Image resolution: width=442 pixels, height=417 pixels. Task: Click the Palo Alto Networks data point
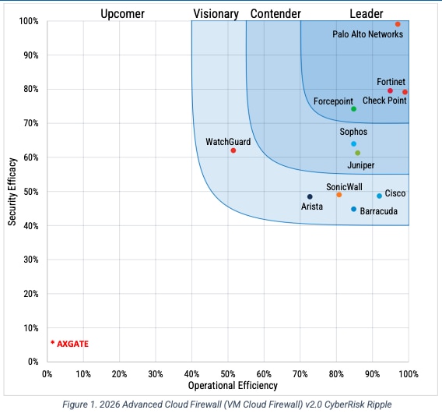click(x=398, y=24)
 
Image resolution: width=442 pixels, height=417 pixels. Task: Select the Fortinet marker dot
click(x=391, y=91)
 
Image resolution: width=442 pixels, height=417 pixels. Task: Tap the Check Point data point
click(x=405, y=92)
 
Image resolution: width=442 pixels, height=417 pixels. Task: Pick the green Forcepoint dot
click(x=353, y=109)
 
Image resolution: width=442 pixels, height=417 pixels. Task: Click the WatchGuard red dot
click(x=233, y=150)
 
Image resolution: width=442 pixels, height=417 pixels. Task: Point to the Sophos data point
click(x=353, y=143)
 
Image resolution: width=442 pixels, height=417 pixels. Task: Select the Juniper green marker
click(x=357, y=153)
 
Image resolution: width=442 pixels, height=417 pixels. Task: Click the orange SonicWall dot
click(x=339, y=195)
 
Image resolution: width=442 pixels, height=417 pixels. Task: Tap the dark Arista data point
click(x=310, y=196)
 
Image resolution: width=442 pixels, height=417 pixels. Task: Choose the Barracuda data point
click(x=353, y=209)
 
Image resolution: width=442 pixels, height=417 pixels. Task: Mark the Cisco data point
click(x=380, y=196)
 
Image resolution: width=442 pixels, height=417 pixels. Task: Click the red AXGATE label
click(x=70, y=343)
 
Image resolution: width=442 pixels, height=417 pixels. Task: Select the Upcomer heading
click(x=122, y=13)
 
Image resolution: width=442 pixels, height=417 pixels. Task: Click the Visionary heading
click(x=216, y=13)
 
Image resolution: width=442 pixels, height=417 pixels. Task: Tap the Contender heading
click(x=275, y=13)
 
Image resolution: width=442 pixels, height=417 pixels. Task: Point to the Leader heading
click(x=366, y=13)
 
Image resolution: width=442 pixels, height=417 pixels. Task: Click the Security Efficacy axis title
click(x=12, y=189)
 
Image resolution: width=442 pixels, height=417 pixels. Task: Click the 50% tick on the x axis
click(x=228, y=373)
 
